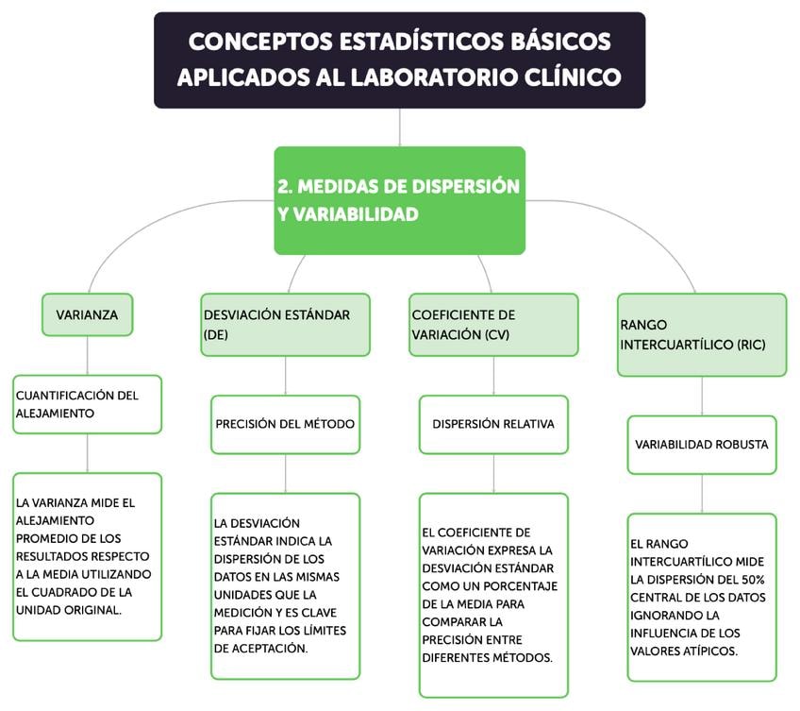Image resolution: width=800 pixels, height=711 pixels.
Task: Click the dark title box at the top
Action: [x=399, y=59]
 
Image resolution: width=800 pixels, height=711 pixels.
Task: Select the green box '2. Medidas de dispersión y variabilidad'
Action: [x=399, y=200]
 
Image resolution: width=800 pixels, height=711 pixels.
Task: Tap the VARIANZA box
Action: [x=87, y=314]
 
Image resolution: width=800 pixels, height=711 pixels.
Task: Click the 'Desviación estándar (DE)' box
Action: [x=285, y=324]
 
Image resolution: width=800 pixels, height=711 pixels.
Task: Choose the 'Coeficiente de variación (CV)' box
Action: [x=493, y=324]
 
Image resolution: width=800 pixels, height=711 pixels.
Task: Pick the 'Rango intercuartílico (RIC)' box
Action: [x=702, y=334]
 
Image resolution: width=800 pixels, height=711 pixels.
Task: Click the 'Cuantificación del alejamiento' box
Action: [x=87, y=404]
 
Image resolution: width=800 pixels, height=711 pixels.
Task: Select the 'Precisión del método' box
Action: [x=285, y=424]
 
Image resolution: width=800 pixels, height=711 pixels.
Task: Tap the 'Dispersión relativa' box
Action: [x=493, y=424]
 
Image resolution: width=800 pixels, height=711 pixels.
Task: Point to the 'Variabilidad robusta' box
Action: [x=702, y=444]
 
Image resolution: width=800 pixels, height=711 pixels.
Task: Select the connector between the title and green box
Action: [x=399, y=127]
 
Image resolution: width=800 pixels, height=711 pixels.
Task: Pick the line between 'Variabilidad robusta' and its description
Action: [x=702, y=493]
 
